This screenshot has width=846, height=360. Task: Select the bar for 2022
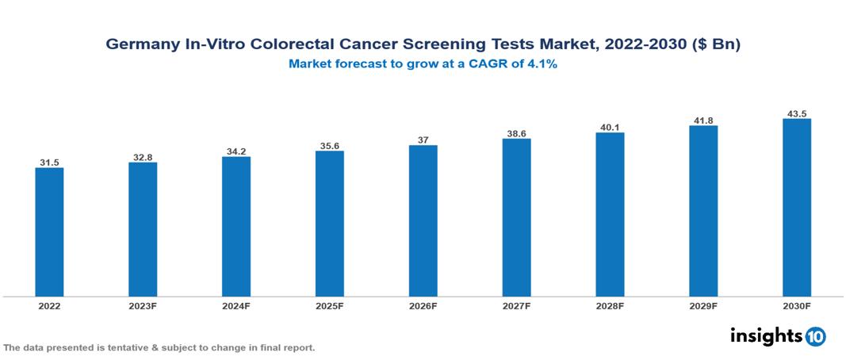pyautogui.click(x=49, y=232)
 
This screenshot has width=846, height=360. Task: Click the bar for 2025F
pyautogui.click(x=329, y=224)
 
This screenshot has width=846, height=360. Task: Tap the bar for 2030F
pyautogui.click(x=796, y=208)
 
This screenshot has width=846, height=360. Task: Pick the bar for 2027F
pyautogui.click(x=516, y=218)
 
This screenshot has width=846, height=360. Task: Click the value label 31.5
pyautogui.click(x=49, y=163)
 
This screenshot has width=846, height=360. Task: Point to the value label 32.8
pyautogui.click(x=143, y=158)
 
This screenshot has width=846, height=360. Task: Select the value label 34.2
pyautogui.click(x=236, y=151)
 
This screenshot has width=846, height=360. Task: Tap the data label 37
pyautogui.click(x=423, y=140)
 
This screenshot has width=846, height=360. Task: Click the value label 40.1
pyautogui.click(x=610, y=128)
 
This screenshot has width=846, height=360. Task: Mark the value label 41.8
pyautogui.click(x=703, y=121)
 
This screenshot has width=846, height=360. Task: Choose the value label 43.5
pyautogui.click(x=796, y=114)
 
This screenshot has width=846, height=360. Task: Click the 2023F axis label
pyautogui.click(x=143, y=305)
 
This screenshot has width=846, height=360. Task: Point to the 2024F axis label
pyautogui.click(x=236, y=305)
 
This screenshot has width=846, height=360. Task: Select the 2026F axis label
pyautogui.click(x=423, y=305)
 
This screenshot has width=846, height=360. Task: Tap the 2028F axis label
pyautogui.click(x=610, y=305)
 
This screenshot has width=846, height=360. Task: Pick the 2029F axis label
pyautogui.click(x=703, y=305)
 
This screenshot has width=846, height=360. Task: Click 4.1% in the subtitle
pyautogui.click(x=542, y=64)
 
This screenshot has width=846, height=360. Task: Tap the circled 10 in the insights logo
pyautogui.click(x=815, y=337)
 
